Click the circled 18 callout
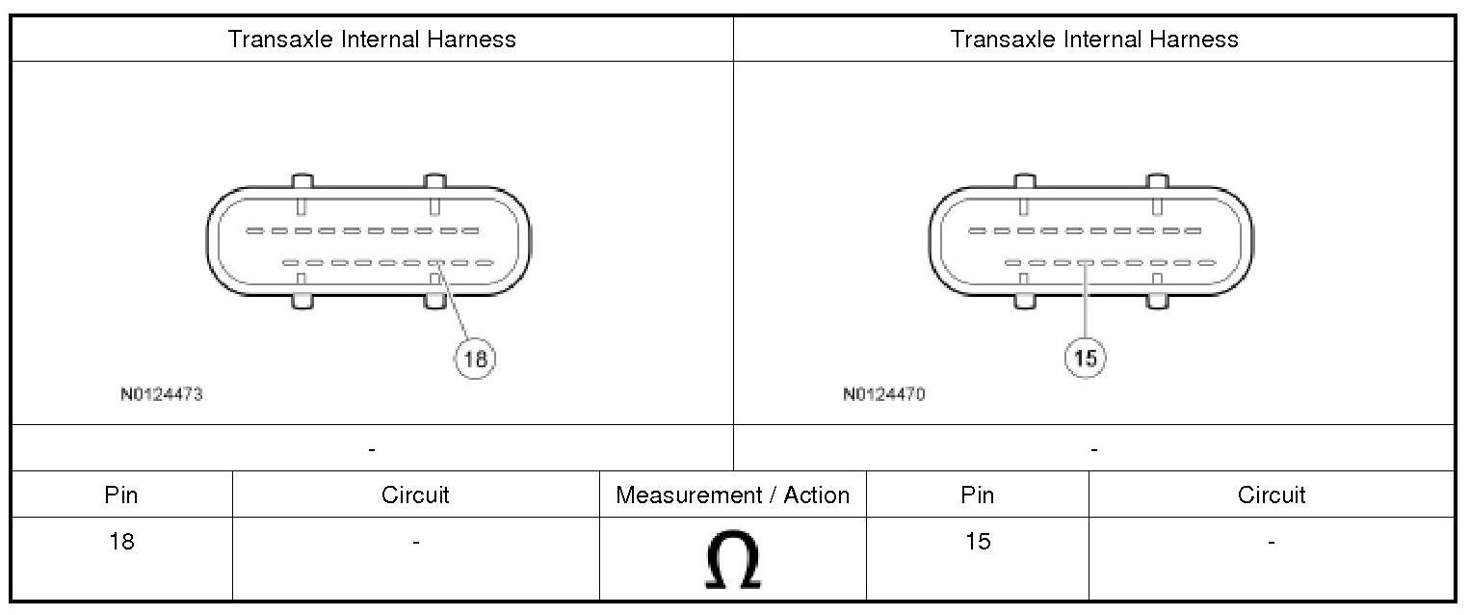pyautogui.click(x=475, y=359)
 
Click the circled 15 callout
pyautogui.click(x=1085, y=358)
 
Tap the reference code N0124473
pyautogui.click(x=162, y=394)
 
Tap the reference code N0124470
pyautogui.click(x=884, y=394)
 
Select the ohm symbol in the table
pyautogui.click(x=733, y=559)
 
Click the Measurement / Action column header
pyautogui.click(x=732, y=495)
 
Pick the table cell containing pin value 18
pyautogui.click(x=122, y=558)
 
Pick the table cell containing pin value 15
pyautogui.click(x=977, y=558)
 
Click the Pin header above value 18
pyautogui.click(x=121, y=495)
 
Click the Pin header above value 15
pyautogui.click(x=977, y=495)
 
